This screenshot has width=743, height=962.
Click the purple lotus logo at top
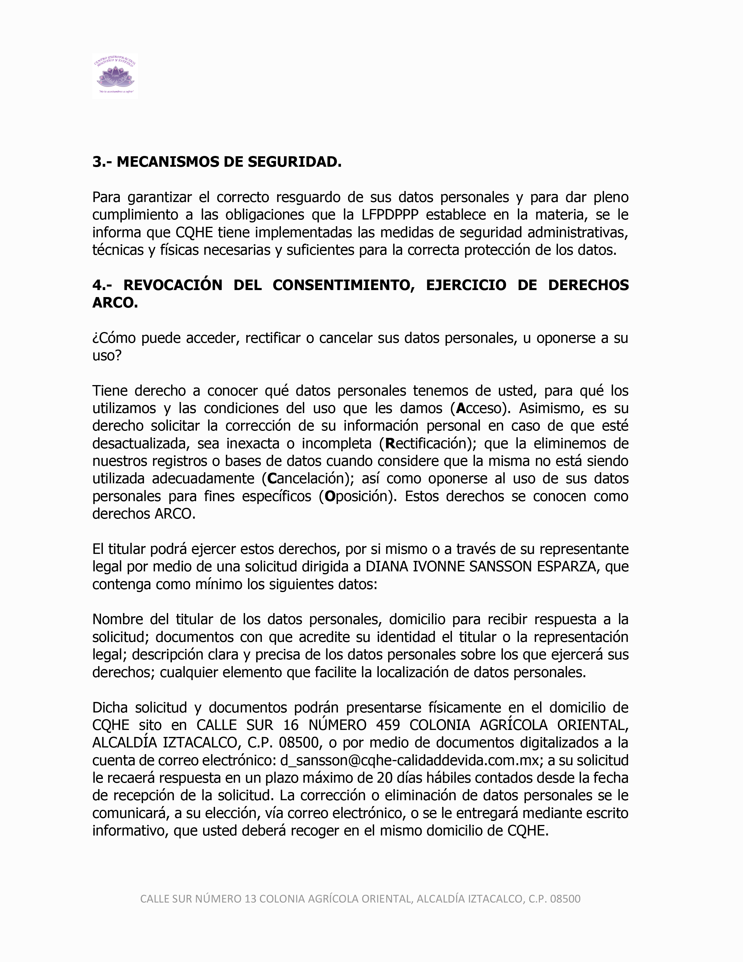115,76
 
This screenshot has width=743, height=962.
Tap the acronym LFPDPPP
390,215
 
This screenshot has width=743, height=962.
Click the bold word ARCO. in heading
115,303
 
